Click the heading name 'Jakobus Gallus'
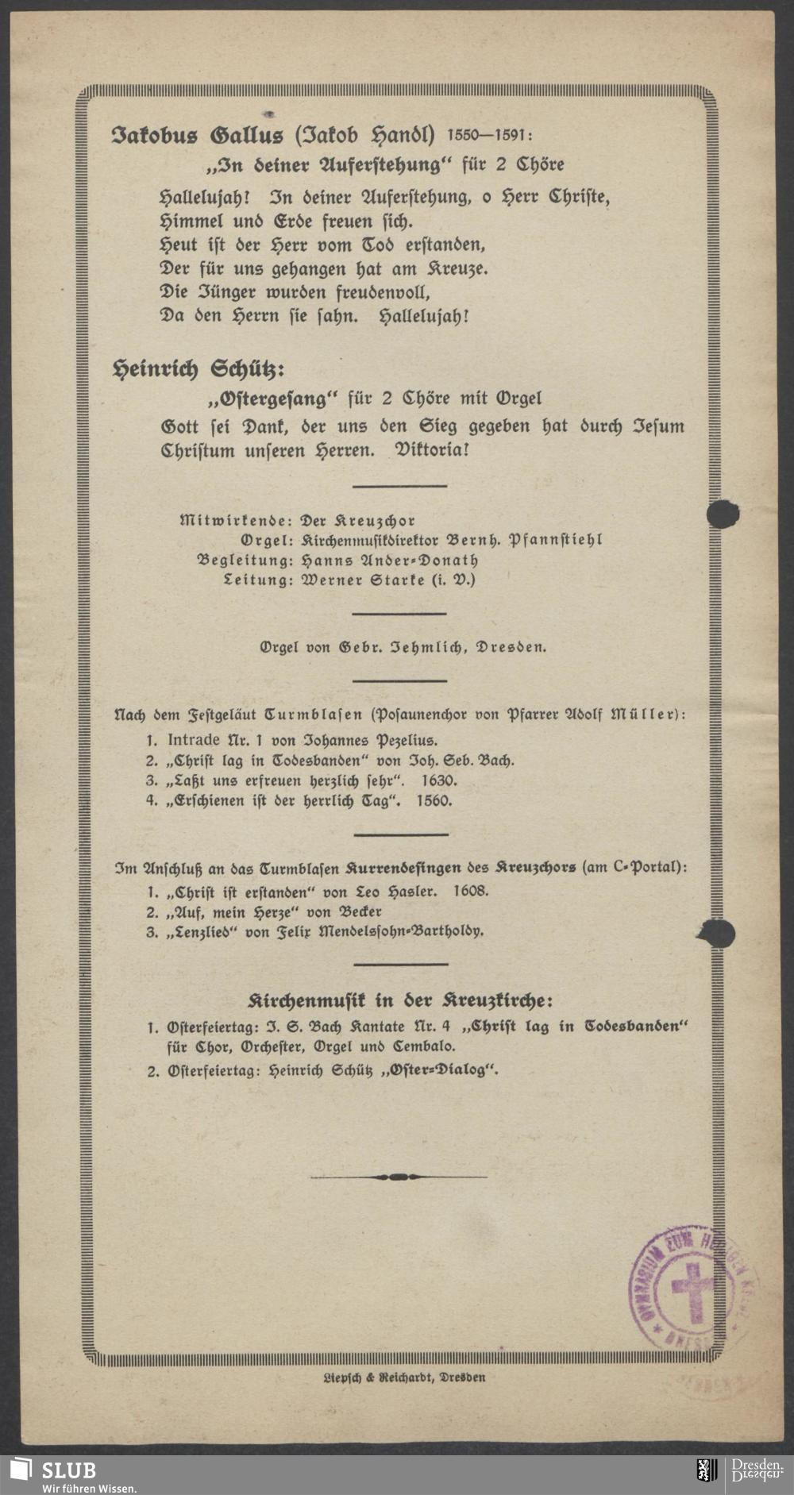198,136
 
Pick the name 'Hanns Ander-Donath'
379,561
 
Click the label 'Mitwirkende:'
236,522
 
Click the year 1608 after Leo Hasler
470,891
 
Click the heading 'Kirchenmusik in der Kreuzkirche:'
401,999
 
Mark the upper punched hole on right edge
722,514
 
